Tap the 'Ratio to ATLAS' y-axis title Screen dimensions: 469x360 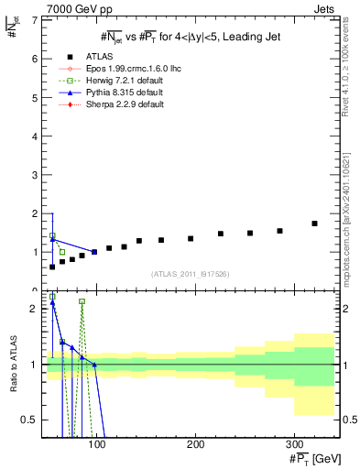tap(13, 366)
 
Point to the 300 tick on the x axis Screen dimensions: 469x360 tap(294, 445)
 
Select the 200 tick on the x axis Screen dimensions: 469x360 tap(195, 445)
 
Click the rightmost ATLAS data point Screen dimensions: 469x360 tap(314, 224)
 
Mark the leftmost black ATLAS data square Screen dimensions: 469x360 tap(52, 267)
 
